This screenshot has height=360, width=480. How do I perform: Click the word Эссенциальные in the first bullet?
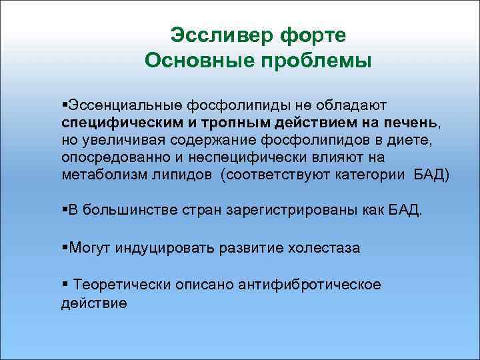pos(122,107)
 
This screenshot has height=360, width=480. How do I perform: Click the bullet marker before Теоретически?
pos(63,285)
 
